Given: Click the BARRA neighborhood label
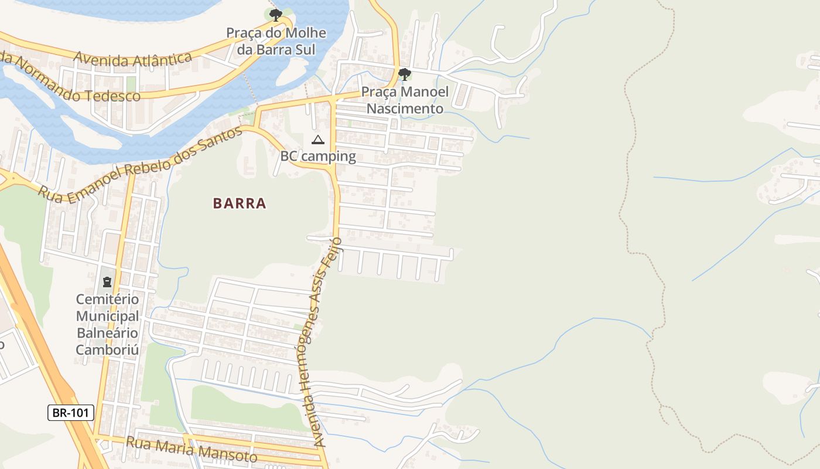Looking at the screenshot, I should pos(240,203).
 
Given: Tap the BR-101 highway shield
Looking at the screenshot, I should pos(70,413).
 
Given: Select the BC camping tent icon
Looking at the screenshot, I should pos(317,140).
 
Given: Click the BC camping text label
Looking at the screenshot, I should pos(318,156).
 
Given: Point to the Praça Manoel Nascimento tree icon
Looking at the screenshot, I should pos(404,74).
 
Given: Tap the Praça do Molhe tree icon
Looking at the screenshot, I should pos(276,15).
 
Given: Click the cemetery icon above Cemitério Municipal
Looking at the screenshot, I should pos(107,282).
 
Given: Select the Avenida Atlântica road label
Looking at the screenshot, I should pos(133,58).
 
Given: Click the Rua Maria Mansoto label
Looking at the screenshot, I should pos(192,448).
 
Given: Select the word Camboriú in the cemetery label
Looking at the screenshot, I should pos(108,350).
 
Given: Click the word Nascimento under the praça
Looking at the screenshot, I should pos(405,108).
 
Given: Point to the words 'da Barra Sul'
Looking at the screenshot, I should pos(276,49).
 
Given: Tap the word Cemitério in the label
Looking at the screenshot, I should pos(108,299).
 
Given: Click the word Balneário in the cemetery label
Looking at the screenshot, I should pos(108,333).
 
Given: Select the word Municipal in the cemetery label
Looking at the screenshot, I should pos(108,316).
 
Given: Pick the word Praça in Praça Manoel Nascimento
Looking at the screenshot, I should pos(378,92).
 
